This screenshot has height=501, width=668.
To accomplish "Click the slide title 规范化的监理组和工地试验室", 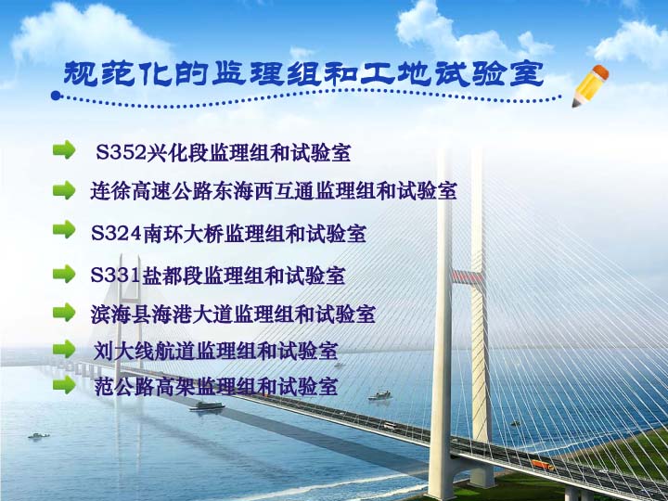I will (302, 73).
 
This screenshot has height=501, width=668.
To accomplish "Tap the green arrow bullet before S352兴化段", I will (64, 149).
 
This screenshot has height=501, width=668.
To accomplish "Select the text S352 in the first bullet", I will (115, 151).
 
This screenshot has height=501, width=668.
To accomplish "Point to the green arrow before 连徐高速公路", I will (64, 190).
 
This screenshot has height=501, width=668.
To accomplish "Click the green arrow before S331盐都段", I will (64, 274).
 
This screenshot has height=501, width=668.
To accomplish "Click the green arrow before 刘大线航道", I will (64, 349).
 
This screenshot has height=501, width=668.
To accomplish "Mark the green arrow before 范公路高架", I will (64, 383).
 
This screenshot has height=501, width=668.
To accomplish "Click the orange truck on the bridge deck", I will (543, 466).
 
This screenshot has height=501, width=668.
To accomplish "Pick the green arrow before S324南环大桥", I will (64, 230).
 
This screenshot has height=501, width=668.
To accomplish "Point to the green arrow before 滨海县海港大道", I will (64, 312).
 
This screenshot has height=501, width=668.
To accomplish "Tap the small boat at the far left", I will (38, 435).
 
